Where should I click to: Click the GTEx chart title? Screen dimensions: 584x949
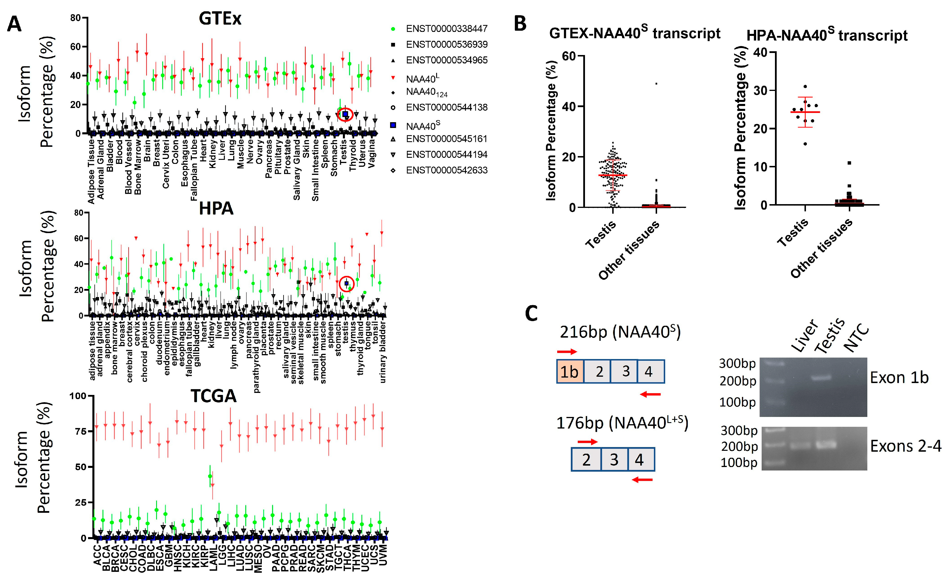point(220,19)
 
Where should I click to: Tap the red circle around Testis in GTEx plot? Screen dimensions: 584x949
point(345,114)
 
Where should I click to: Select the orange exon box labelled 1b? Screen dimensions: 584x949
point(570,371)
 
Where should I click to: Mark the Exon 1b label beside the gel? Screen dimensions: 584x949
point(899,378)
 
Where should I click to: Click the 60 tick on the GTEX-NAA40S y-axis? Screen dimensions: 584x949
point(568,56)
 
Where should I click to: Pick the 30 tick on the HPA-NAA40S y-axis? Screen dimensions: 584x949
point(759,90)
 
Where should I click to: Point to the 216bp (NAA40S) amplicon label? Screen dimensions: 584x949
point(620,332)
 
